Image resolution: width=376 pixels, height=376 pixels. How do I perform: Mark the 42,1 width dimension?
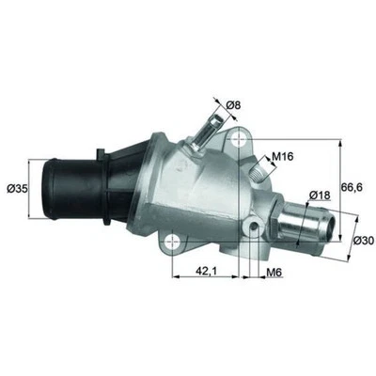pos(207,273)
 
